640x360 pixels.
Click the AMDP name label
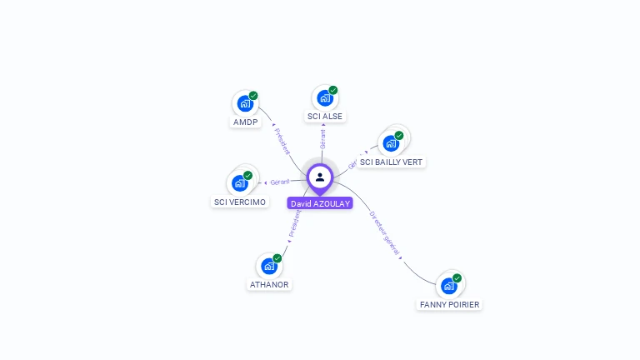[245, 122]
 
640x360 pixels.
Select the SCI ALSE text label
[324, 116]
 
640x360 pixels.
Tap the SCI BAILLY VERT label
[391, 162]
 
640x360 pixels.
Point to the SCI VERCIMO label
[240, 202]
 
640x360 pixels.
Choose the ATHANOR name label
[269, 284]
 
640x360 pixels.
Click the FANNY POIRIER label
[449, 304]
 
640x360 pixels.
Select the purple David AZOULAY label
[320, 203]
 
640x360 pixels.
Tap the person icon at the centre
[320, 177]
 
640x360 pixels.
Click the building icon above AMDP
[244, 104]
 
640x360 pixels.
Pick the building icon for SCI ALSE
[324, 98]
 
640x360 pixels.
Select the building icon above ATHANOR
[268, 267]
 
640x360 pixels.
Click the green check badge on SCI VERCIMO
[247, 176]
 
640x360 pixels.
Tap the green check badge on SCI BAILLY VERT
[399, 136]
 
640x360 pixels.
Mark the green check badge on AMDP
[253, 96]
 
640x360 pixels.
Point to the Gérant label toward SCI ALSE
[322, 139]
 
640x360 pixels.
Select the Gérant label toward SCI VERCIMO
[279, 182]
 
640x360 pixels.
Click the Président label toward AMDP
[282, 140]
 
